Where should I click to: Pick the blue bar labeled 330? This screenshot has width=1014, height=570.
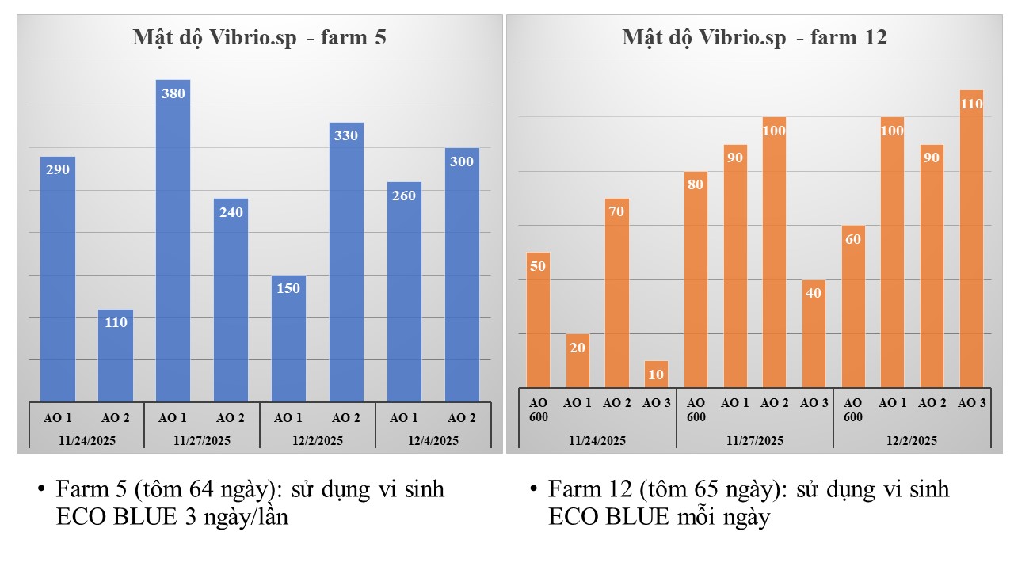(x=346, y=261)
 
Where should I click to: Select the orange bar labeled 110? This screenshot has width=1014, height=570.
(x=971, y=238)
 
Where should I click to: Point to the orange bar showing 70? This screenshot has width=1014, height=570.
(x=616, y=293)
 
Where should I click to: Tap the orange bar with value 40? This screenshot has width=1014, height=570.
(x=814, y=333)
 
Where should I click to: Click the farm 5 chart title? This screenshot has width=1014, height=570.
(x=259, y=38)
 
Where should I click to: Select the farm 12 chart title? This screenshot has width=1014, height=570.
(x=754, y=38)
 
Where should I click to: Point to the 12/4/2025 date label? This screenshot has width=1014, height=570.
(x=433, y=441)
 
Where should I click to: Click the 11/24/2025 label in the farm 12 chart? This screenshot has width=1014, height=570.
(x=597, y=441)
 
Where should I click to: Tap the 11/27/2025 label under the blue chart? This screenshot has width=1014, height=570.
(x=201, y=441)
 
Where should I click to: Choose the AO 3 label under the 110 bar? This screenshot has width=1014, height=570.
(x=971, y=403)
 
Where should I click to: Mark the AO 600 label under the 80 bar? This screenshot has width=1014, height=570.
(x=696, y=409)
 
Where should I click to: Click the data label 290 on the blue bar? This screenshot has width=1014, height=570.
(x=58, y=169)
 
